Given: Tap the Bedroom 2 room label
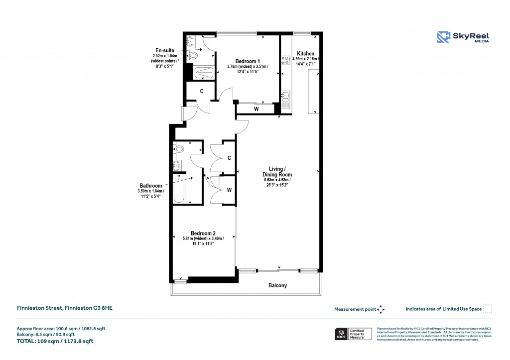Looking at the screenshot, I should coord(203,233).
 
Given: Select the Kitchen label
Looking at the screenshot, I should coord(305,53).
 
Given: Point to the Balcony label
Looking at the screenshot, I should coord(277,285).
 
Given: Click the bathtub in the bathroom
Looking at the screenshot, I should coord(180,189).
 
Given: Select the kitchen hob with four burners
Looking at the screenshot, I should coord(286,60).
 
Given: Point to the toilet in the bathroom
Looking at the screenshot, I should coord(179,148).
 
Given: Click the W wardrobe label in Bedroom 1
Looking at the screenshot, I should coord(256,109).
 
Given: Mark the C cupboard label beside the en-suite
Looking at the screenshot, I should coord(202,91).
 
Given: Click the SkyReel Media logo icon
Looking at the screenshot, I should coord(443,37).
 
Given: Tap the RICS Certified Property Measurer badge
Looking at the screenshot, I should coord(352,333).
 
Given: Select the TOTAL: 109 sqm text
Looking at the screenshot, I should coord(55,342).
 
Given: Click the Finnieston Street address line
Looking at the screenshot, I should coord(65,309).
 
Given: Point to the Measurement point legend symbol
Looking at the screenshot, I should coord(381,309).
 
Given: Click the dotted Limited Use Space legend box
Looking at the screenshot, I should coord(488,309).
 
